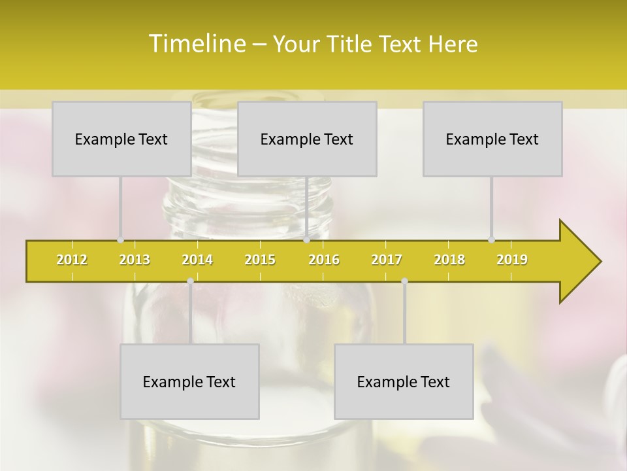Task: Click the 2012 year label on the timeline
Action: tap(72, 260)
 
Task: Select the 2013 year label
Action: tap(135, 260)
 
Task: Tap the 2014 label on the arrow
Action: tap(197, 260)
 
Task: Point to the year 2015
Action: tap(260, 260)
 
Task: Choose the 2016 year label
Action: tap(324, 260)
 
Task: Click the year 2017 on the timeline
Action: tap(387, 260)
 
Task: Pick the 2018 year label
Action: tap(449, 260)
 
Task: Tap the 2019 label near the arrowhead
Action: tap(512, 260)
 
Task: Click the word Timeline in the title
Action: tap(196, 44)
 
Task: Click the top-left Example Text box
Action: tap(121, 139)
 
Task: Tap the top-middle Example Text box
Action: tap(307, 139)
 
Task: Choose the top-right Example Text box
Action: tap(492, 139)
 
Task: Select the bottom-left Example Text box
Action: tap(189, 381)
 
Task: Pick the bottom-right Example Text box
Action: tap(404, 381)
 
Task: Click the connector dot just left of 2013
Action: tap(120, 240)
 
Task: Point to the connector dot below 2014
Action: tap(190, 281)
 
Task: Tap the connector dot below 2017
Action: tap(404, 281)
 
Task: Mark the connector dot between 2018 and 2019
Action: tap(491, 240)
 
